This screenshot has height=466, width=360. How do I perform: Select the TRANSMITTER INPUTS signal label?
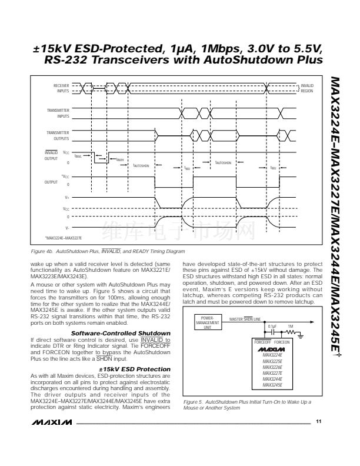[59, 113]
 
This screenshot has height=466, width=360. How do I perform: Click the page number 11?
[318, 421]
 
